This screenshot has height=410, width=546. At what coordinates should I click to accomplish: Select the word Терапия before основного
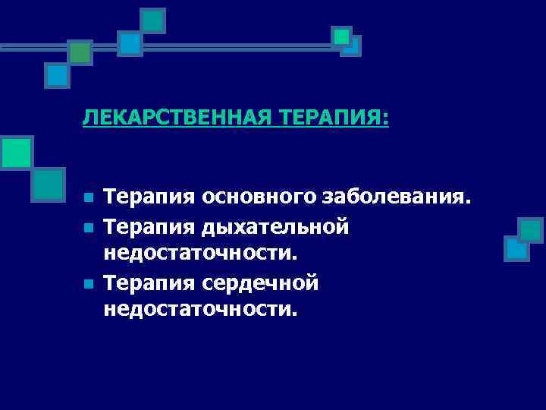point(149,199)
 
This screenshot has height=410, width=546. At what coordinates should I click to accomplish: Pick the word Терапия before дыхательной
point(149,227)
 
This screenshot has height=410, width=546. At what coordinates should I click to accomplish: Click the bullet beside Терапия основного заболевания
point(88,199)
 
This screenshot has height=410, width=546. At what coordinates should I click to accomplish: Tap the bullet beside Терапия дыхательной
point(88,227)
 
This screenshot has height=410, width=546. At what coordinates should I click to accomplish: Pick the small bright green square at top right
point(342,36)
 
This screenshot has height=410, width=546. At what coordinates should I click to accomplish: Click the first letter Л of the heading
point(88,118)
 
